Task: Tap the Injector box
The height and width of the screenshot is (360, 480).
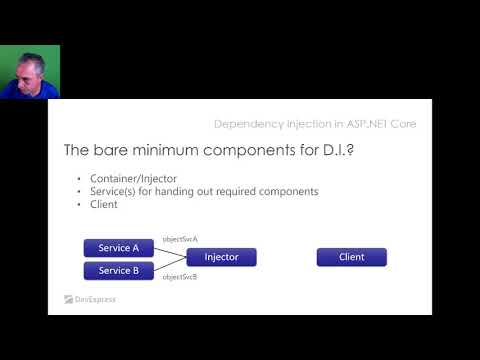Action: click(x=221, y=257)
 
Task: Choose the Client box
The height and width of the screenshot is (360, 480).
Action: click(x=351, y=257)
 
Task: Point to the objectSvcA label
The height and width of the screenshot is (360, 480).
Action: click(x=180, y=240)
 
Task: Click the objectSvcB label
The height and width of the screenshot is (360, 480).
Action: click(x=180, y=276)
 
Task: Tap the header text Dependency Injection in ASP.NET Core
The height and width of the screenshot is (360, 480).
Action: click(x=315, y=124)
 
